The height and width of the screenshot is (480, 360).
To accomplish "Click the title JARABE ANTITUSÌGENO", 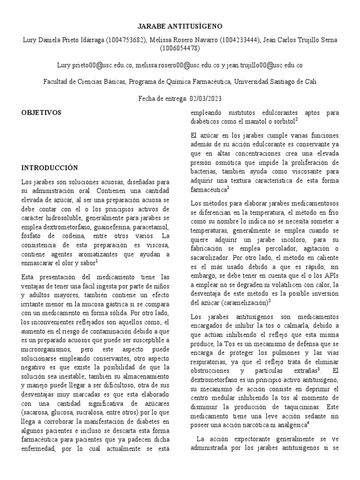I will (x=180, y=26).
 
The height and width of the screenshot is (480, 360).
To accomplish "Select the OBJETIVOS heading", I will (x=42, y=113).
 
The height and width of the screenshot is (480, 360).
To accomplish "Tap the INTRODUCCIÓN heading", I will (x=49, y=167).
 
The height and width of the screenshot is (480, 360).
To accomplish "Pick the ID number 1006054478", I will (x=180, y=48).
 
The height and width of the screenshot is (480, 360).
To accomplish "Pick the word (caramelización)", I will (x=243, y=302).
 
